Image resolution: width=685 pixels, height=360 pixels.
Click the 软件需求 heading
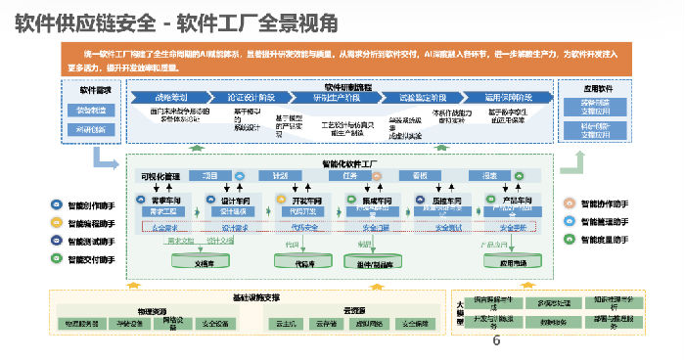coord(94,90)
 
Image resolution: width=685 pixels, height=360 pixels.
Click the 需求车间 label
coord(164,200)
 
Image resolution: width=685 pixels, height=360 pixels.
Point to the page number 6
coord(495,342)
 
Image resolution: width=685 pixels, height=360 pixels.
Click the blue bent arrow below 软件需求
coord(104,158)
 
